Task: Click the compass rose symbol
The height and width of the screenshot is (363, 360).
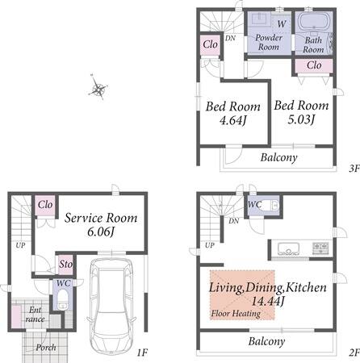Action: click(x=98, y=87)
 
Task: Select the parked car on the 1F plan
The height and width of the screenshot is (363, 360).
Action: click(x=111, y=306)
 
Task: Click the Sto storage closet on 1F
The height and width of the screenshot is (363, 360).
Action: click(x=66, y=265)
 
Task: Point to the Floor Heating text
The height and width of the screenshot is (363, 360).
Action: click(x=236, y=314)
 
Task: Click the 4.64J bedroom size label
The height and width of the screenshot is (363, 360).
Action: click(x=233, y=120)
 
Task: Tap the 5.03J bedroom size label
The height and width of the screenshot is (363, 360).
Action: click(x=301, y=119)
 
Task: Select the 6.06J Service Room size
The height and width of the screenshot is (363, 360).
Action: click(x=101, y=232)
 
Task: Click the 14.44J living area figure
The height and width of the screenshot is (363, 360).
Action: click(x=267, y=301)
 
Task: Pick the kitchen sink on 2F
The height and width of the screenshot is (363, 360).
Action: click(x=288, y=249)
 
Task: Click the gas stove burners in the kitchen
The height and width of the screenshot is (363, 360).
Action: click(x=320, y=248)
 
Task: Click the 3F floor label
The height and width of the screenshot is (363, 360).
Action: click(x=354, y=169)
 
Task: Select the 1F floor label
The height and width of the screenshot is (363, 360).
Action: click(x=142, y=353)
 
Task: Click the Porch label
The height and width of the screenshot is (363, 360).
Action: click(x=46, y=348)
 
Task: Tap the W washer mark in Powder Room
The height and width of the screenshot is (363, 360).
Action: click(x=282, y=24)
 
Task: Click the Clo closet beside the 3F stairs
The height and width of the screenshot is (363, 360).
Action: click(x=211, y=44)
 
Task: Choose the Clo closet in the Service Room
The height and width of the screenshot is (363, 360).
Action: click(x=45, y=205)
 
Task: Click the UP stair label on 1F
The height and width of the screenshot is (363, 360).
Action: click(x=20, y=245)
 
